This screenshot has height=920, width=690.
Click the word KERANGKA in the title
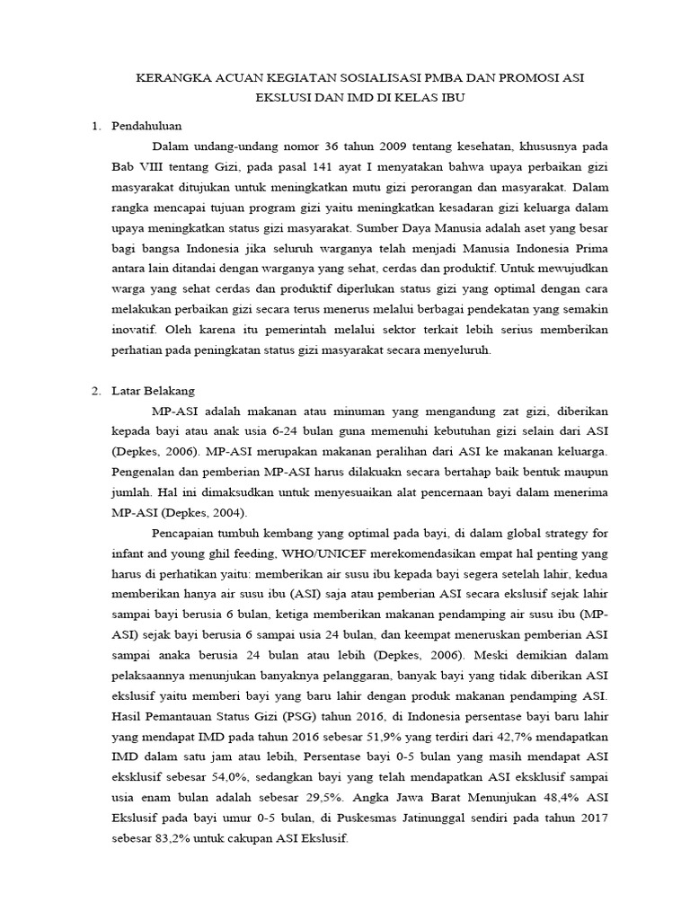[167, 78]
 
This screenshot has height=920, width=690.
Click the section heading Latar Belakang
[153, 391]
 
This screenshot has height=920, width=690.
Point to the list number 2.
[96, 391]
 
